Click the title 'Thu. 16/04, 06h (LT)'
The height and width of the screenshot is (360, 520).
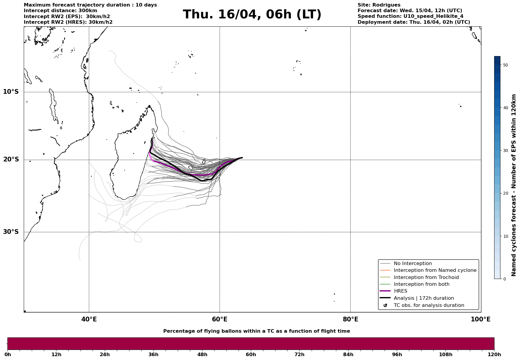252,15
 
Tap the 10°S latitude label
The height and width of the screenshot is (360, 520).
11,92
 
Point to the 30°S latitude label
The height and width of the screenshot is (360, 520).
11,232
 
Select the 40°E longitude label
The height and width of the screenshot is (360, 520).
89,319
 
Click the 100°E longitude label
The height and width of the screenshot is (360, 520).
481,319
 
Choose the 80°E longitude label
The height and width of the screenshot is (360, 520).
350,319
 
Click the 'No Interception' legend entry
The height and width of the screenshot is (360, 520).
413,264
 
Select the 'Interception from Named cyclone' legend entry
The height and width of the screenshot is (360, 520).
435,270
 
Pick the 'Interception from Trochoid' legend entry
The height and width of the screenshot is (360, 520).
426,277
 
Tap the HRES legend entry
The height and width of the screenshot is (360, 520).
400,291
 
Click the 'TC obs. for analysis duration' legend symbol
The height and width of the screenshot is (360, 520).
385,305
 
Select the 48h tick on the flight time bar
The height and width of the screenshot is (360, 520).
202,354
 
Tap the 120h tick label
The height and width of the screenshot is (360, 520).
494,354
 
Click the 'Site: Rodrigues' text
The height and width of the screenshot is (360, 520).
379,5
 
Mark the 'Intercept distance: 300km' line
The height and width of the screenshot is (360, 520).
60,11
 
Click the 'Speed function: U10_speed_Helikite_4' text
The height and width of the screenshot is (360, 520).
410,16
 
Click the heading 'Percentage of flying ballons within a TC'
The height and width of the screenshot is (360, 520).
256,331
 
